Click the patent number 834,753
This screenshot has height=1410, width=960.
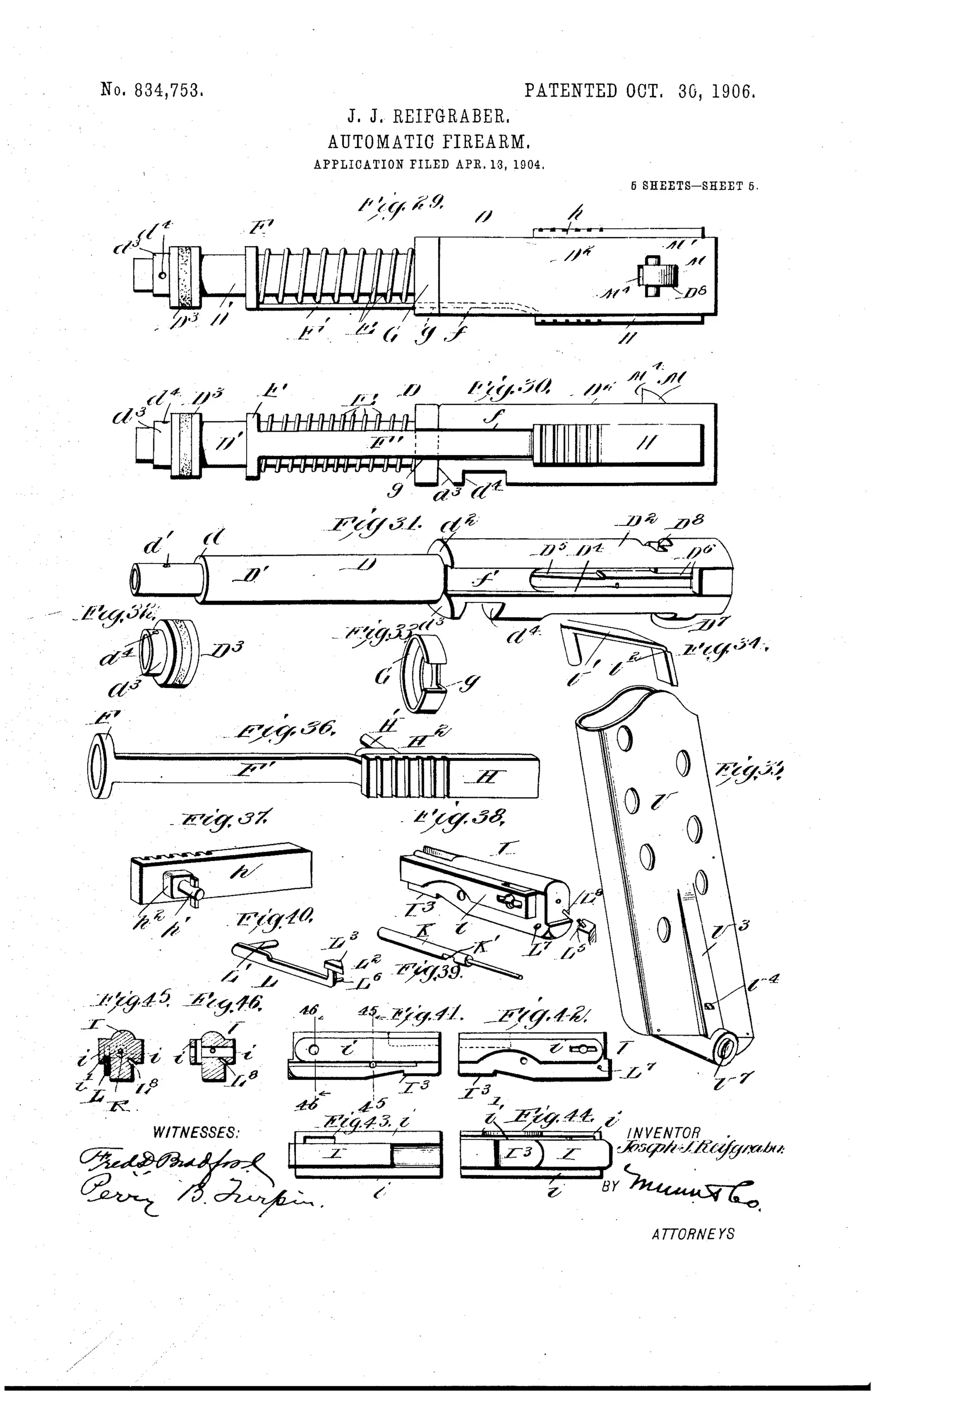click(x=152, y=90)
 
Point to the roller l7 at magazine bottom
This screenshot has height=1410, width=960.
click(x=725, y=1049)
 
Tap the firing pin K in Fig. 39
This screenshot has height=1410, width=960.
click(x=449, y=950)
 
